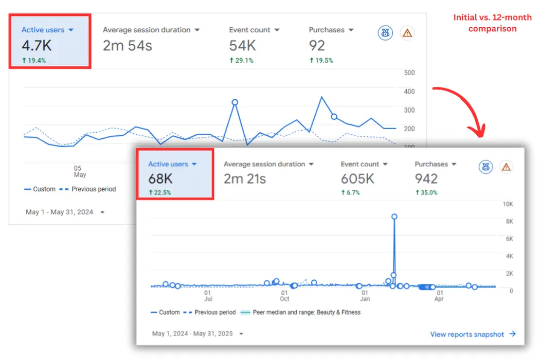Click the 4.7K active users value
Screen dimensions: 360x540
37,46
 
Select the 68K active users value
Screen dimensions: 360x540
160,179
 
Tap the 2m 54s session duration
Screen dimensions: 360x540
127,46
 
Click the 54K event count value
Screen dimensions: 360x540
242,46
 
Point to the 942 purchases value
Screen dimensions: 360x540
426,179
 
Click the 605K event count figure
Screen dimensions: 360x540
357,179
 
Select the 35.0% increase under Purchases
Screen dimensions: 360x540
426,193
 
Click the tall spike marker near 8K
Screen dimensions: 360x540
394,217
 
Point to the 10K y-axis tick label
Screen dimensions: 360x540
508,204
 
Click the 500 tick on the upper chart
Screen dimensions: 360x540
409,73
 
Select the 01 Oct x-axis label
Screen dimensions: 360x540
284,295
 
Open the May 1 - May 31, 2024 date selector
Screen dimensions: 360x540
64,212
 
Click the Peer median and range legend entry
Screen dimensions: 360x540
301,312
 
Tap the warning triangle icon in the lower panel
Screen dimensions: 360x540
506,167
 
